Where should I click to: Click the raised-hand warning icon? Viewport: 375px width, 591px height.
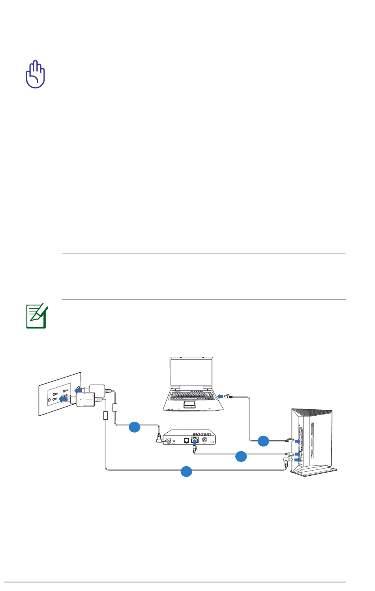(36, 74)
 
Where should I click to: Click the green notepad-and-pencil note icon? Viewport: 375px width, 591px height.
(36, 316)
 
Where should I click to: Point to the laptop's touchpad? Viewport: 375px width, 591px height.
(190, 404)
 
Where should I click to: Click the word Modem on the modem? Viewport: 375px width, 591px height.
(202, 434)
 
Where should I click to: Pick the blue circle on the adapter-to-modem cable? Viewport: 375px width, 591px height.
(135, 427)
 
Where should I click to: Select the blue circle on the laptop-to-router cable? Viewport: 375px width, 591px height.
(263, 441)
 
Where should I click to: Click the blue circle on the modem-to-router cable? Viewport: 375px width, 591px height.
(241, 456)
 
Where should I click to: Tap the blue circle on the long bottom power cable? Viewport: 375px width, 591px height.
(186, 471)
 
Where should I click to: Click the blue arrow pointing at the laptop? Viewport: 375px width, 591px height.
(220, 396)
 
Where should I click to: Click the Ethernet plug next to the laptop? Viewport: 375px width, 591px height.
(228, 396)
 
